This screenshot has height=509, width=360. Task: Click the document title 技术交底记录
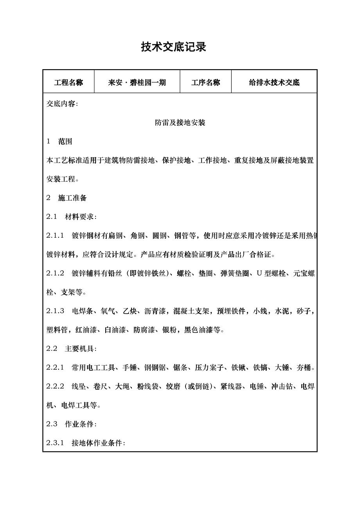click(x=173, y=47)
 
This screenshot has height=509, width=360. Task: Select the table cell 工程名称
click(x=68, y=82)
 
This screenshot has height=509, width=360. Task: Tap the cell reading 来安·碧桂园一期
click(x=137, y=82)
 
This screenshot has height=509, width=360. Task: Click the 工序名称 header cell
click(x=205, y=82)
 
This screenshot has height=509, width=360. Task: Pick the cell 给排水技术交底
click(x=274, y=82)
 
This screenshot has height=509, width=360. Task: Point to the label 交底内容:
click(x=62, y=104)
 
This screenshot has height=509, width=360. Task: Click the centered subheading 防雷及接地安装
click(x=180, y=123)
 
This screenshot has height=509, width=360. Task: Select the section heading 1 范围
click(x=59, y=142)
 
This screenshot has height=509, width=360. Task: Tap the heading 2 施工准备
click(x=67, y=198)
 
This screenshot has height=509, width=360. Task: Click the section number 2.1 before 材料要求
click(x=52, y=217)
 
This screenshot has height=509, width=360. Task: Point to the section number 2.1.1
click(x=55, y=235)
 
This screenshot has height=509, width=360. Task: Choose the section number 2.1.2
click(x=55, y=273)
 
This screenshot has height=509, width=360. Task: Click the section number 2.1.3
click(x=55, y=311)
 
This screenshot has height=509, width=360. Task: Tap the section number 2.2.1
click(x=55, y=367)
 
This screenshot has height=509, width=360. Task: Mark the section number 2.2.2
click(x=55, y=386)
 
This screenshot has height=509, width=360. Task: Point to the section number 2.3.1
click(x=55, y=443)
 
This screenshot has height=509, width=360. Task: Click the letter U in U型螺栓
click(x=259, y=273)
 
